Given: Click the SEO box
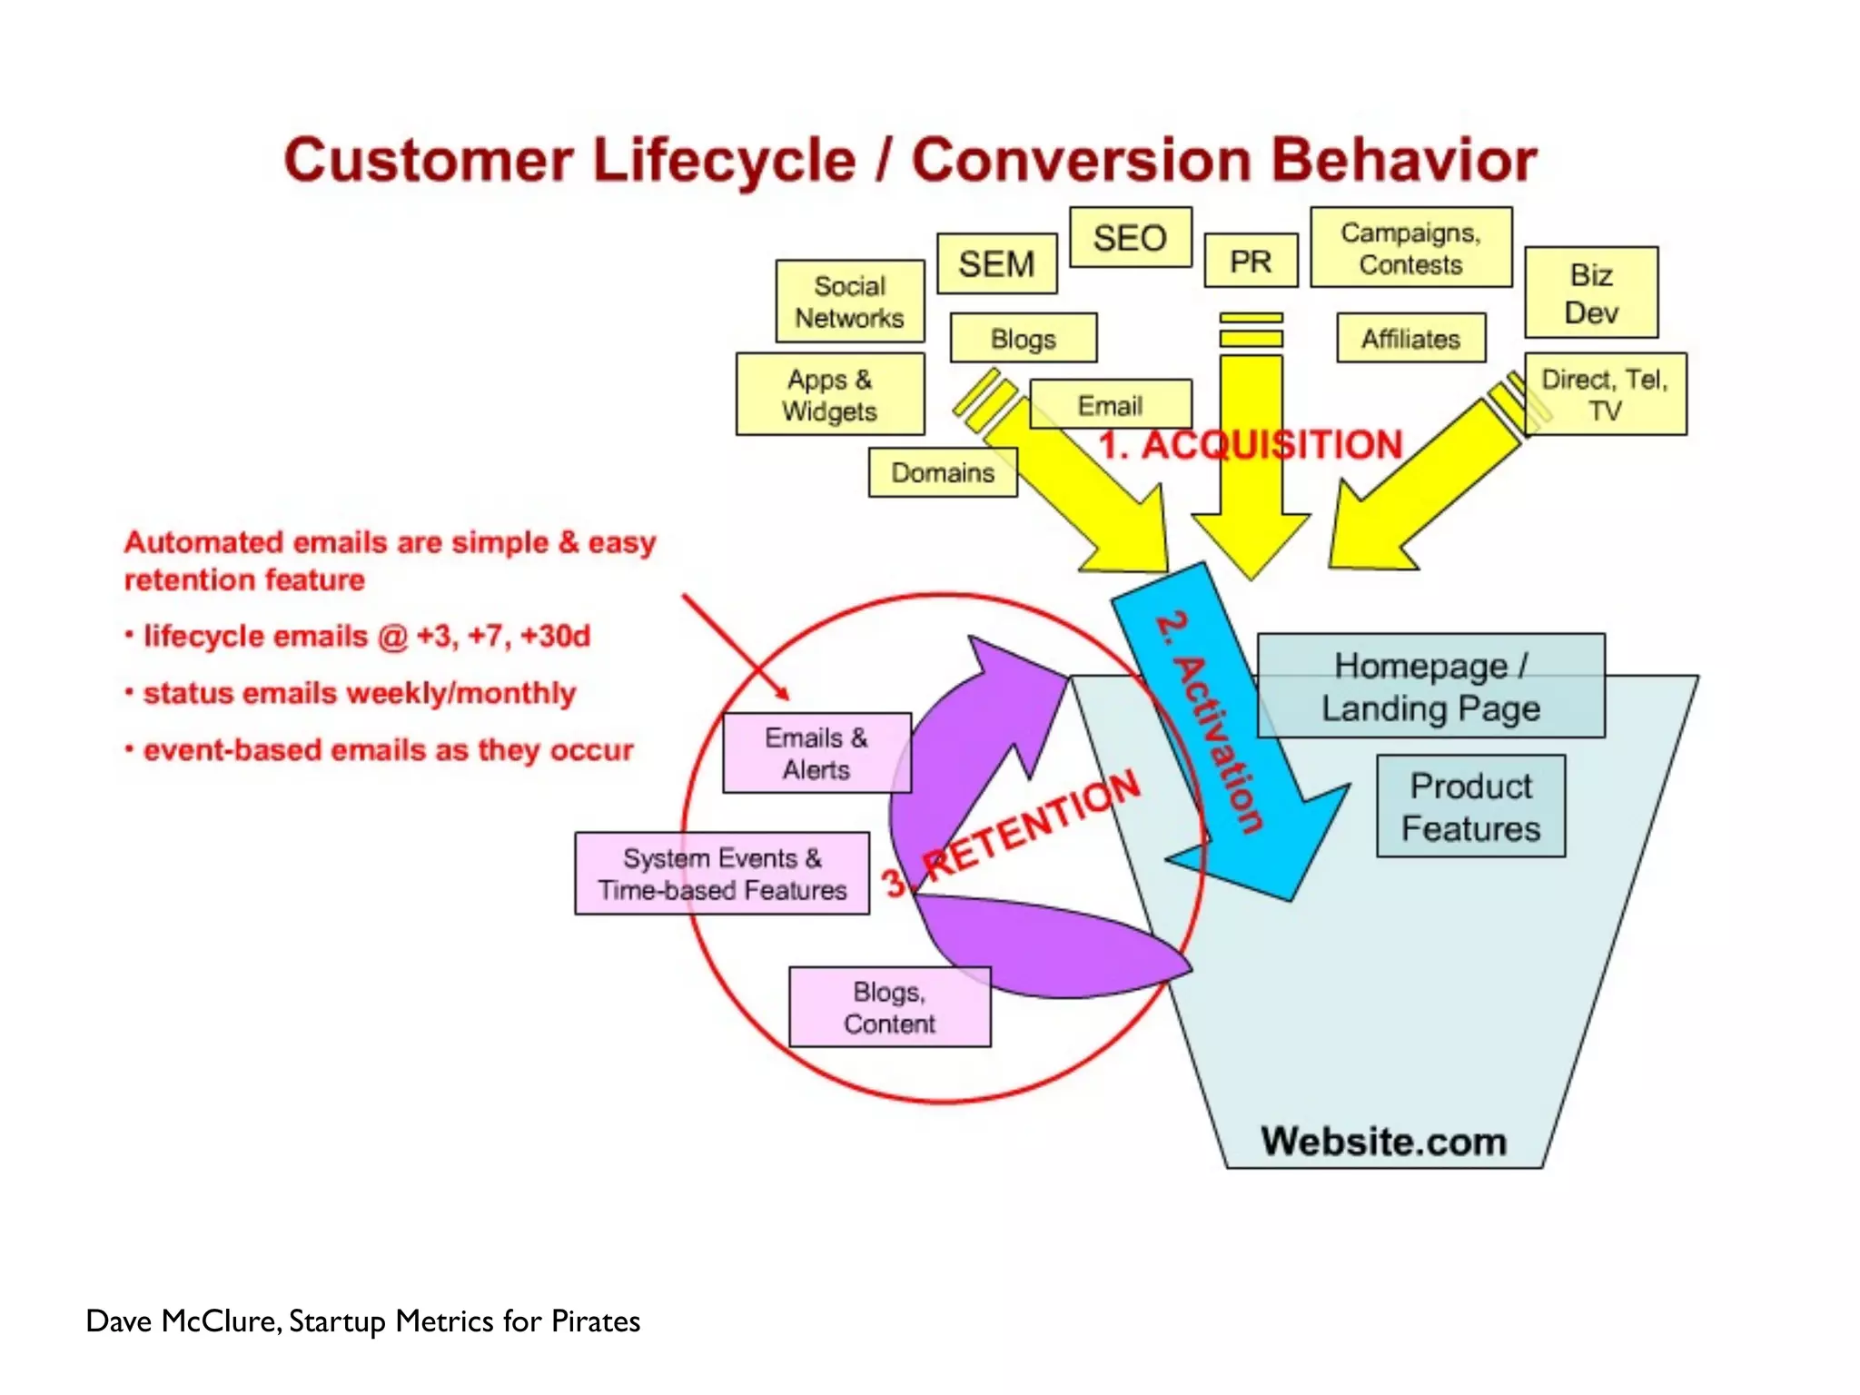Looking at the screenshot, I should coord(1130,238).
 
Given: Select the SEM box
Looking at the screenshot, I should coord(996,264).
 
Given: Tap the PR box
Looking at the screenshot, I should coord(1251,262).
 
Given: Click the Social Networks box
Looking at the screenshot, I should coord(849,302).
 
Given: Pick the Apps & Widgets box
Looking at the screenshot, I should coord(829,395).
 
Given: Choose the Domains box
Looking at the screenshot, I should coord(942,472).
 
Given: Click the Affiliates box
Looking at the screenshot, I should coord(1410,339).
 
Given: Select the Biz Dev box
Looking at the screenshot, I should coord(1591,293).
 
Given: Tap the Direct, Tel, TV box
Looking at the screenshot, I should coord(1605,394).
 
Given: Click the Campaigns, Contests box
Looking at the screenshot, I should coord(1410,248).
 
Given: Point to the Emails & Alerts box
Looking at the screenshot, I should coord(816,753).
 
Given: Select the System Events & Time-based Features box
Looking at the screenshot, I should coord(722,874).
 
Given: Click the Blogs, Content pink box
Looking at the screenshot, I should coord(889,1007).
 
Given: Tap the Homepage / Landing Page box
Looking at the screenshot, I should coord(1430,687).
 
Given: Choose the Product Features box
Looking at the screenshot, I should coord(1470,806).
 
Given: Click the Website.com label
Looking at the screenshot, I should coord(1383,1142).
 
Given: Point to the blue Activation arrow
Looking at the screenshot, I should coord(1217,727).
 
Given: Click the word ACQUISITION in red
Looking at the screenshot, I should coord(1271,445).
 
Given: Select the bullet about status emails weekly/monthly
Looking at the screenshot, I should coord(359,693).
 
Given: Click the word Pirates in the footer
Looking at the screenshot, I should coord(596,1321).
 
